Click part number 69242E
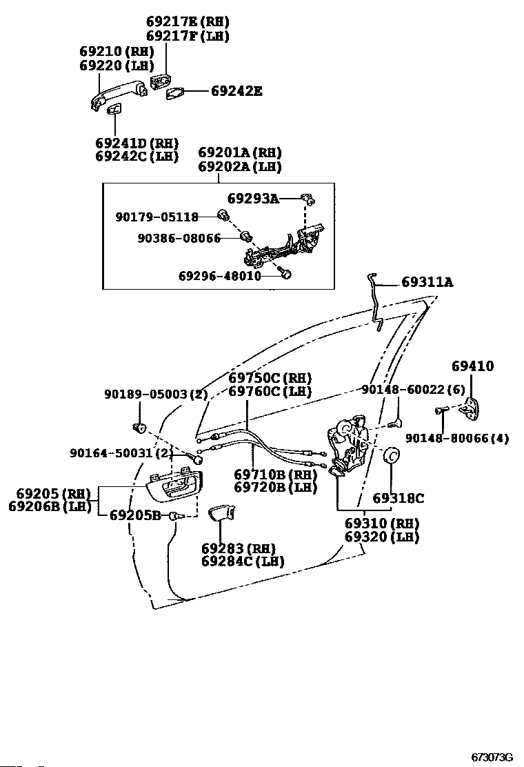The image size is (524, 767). pyautogui.click(x=236, y=90)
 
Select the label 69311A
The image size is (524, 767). pyautogui.click(x=427, y=282)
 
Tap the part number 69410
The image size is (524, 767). pyautogui.click(x=473, y=366)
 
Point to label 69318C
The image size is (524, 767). pyautogui.click(x=399, y=498)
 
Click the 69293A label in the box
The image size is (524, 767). pyautogui.click(x=253, y=199)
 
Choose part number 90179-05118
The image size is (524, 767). pyautogui.click(x=157, y=217)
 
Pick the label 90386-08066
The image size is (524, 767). pyautogui.click(x=179, y=239)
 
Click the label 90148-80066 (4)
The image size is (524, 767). pyautogui.click(x=457, y=438)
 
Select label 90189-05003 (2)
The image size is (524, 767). pyautogui.click(x=156, y=394)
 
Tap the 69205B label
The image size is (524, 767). pyautogui.click(x=135, y=515)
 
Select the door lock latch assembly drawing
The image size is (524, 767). pyautogui.click(x=346, y=444)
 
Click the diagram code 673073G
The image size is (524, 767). pyautogui.click(x=493, y=757)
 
